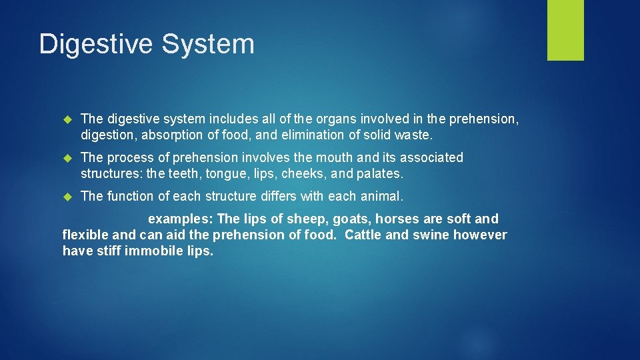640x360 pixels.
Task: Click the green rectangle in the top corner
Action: (x=565, y=30)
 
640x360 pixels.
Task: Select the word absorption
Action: (x=173, y=135)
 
